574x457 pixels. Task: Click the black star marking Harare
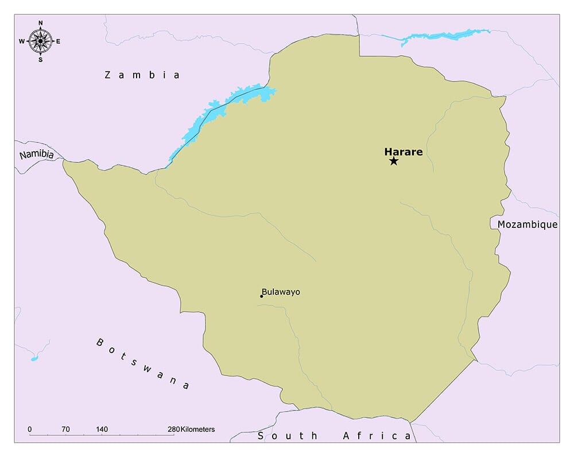(x=393, y=161)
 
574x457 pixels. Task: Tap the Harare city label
(x=403, y=152)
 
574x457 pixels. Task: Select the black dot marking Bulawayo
(x=262, y=296)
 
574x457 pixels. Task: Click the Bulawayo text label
(x=281, y=292)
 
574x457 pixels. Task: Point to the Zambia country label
(x=142, y=75)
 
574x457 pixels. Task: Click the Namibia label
(x=36, y=155)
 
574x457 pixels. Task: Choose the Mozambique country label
(x=527, y=224)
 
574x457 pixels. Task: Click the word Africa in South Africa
(x=377, y=436)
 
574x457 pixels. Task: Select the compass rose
(x=40, y=41)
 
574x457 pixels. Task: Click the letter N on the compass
(x=40, y=23)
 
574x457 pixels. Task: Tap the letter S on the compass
(x=40, y=59)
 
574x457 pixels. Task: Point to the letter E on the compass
(x=59, y=41)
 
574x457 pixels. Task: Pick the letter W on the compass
(x=21, y=41)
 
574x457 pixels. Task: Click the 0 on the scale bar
(x=29, y=429)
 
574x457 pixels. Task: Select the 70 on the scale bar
(x=65, y=429)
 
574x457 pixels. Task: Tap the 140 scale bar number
(x=102, y=429)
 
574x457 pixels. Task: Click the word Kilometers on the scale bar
(x=197, y=429)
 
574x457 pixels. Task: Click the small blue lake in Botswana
(x=34, y=359)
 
